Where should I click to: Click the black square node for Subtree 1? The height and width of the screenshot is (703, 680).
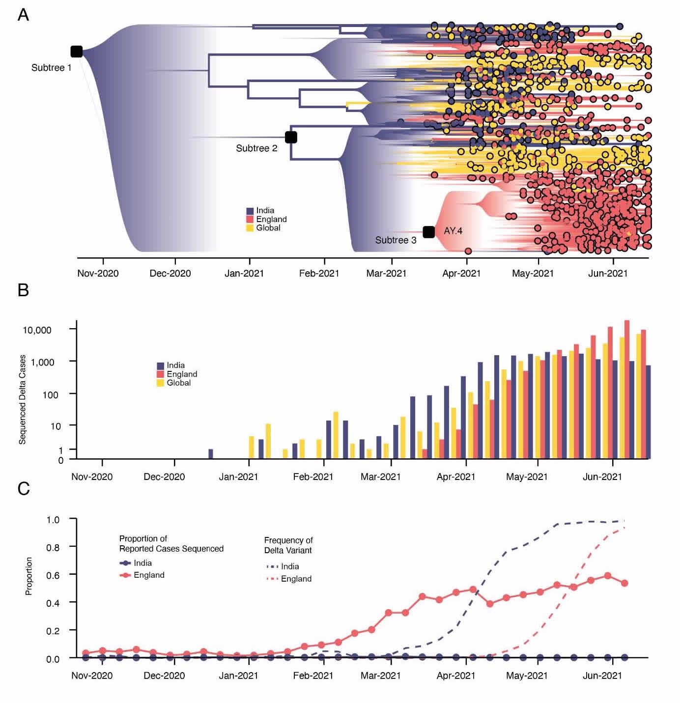(76, 52)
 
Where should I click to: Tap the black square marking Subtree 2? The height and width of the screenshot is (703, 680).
(291, 137)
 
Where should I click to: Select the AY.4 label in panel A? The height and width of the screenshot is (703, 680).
(453, 231)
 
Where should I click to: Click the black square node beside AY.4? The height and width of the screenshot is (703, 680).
(429, 231)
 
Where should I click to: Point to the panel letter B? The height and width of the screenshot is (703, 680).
(23, 290)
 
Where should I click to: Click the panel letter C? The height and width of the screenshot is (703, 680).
(23, 488)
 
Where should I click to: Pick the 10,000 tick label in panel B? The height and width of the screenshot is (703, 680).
(37, 330)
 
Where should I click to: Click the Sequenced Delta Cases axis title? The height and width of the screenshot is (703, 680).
(22, 399)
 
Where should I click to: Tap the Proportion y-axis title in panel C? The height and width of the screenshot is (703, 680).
(29, 576)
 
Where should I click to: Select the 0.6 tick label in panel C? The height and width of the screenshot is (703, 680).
(53, 575)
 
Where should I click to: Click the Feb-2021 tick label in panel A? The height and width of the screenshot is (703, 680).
(319, 273)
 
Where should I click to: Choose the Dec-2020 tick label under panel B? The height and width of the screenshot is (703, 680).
(164, 477)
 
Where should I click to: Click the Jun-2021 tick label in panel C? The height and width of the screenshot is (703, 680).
(602, 675)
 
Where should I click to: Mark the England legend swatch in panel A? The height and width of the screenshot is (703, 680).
(250, 219)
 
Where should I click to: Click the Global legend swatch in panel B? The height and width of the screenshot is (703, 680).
(160, 383)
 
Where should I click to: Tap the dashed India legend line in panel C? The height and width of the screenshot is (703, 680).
(272, 566)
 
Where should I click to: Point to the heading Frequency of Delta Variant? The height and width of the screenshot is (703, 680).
(288, 545)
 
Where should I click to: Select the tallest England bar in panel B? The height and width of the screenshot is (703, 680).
(627, 389)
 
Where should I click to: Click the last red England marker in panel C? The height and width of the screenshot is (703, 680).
(625, 583)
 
